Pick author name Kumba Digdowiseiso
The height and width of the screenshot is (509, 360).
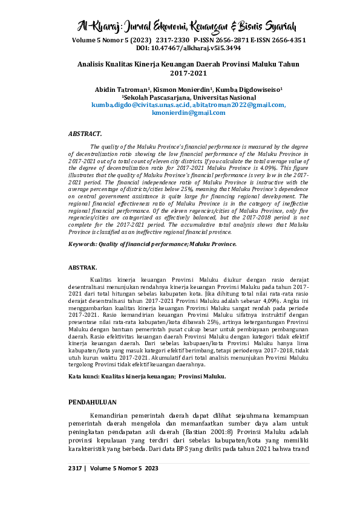pos(247,89)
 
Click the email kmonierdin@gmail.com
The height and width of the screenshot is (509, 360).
pos(189,112)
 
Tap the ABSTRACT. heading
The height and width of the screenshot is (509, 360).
pos(85,132)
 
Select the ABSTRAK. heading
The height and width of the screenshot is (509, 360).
pos(83,266)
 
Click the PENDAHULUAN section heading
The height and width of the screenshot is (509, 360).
pos(93,402)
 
